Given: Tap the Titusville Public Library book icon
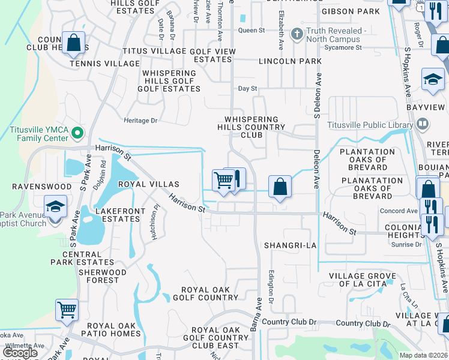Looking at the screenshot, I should pyautogui.click(x=423, y=125).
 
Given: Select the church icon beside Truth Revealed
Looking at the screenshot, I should pyautogui.click(x=297, y=35).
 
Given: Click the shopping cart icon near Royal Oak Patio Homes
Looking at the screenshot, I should pyautogui.click(x=67, y=310).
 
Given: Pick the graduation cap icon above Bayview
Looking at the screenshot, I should pyautogui.click(x=432, y=79).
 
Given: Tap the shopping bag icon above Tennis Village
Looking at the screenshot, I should pyautogui.click(x=73, y=43).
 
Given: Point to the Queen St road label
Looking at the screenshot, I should pyautogui.click(x=251, y=30).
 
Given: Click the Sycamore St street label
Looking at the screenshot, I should pyautogui.click(x=343, y=47).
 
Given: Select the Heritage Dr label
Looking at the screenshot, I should pyautogui.click(x=140, y=121).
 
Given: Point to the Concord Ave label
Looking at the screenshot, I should pyautogui.click(x=399, y=211).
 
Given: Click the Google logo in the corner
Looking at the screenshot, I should pyautogui.click(x=20, y=353).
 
